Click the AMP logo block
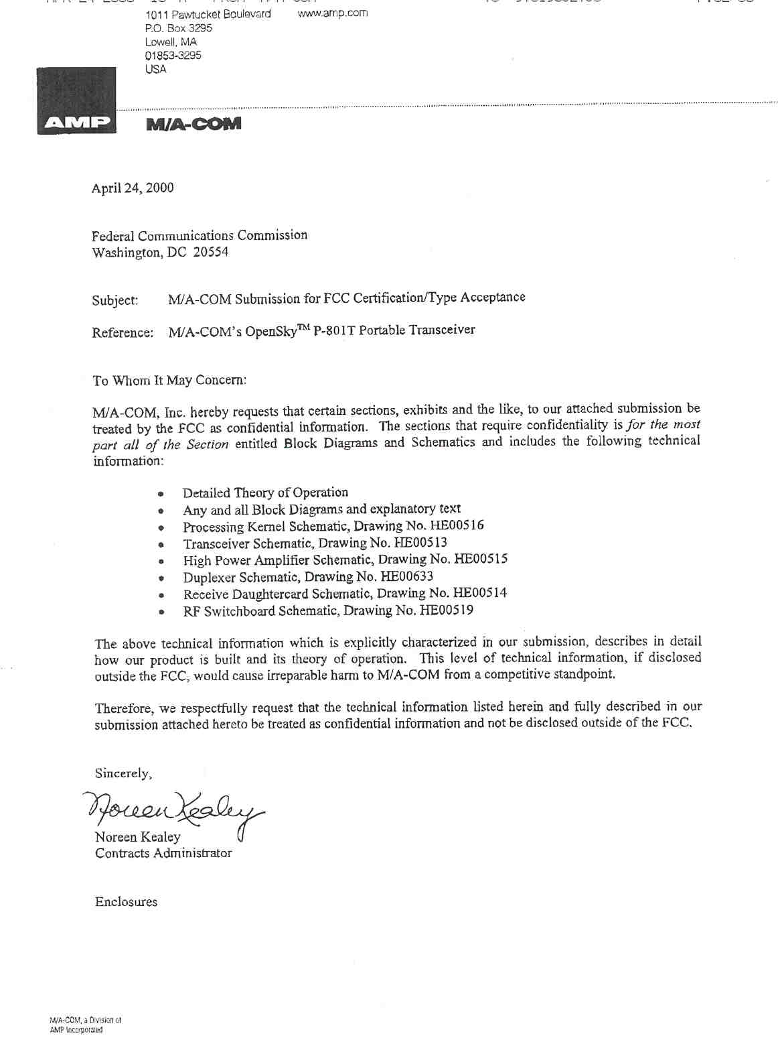click(76, 101)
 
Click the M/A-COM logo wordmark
click(193, 124)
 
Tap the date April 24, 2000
click(133, 188)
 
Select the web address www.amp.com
click(332, 13)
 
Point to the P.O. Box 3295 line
click(178, 28)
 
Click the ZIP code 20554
click(210, 252)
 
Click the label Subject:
click(115, 300)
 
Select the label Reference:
click(123, 332)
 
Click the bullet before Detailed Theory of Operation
click(161, 495)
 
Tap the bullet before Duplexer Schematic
click(161, 578)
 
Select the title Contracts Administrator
click(163, 853)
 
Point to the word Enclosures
click(126, 902)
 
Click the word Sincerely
click(123, 773)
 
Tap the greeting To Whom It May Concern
click(169, 381)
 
